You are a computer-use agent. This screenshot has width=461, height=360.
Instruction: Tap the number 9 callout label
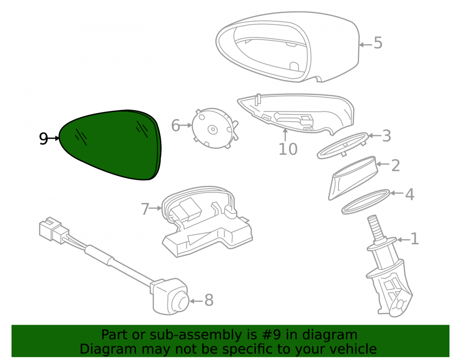click(x=43, y=138)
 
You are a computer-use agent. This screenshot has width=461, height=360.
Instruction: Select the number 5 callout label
click(x=378, y=43)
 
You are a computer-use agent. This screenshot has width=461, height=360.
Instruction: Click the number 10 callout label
click(x=288, y=149)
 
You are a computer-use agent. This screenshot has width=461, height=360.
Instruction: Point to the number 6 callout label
click(x=176, y=125)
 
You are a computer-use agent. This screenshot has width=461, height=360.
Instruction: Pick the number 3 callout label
click(x=386, y=136)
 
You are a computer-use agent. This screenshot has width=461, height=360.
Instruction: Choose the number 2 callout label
click(x=396, y=165)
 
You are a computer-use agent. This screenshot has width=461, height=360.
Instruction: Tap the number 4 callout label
click(x=409, y=194)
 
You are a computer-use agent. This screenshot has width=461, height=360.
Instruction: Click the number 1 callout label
click(x=414, y=239)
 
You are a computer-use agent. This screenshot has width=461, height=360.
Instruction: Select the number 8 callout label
click(x=209, y=300)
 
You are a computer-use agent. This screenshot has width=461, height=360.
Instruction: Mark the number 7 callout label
click(x=145, y=209)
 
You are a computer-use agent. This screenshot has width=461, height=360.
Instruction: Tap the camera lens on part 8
click(x=179, y=302)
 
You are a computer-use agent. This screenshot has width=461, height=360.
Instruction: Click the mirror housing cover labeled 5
click(x=288, y=47)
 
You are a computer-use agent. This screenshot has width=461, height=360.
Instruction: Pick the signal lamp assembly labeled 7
click(x=207, y=221)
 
